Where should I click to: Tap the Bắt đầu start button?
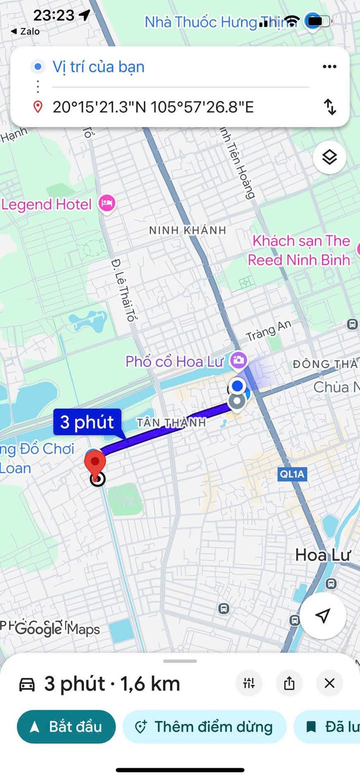[66, 726]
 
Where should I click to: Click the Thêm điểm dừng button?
[204, 726]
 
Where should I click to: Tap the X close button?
[329, 683]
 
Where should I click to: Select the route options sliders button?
[249, 683]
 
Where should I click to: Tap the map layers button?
[329, 157]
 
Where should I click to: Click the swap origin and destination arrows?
[329, 106]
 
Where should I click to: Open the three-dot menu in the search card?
[329, 66]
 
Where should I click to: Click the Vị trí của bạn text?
[98, 66]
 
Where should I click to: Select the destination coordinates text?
[153, 106]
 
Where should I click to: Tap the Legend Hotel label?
[47, 204]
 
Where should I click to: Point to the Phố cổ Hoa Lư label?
[174, 361]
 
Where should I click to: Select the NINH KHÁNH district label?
[187, 230]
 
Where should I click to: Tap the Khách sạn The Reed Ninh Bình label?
[300, 250]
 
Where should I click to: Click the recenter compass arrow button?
[323, 616]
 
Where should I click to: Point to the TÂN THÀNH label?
[171, 422]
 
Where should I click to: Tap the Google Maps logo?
[57, 629]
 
